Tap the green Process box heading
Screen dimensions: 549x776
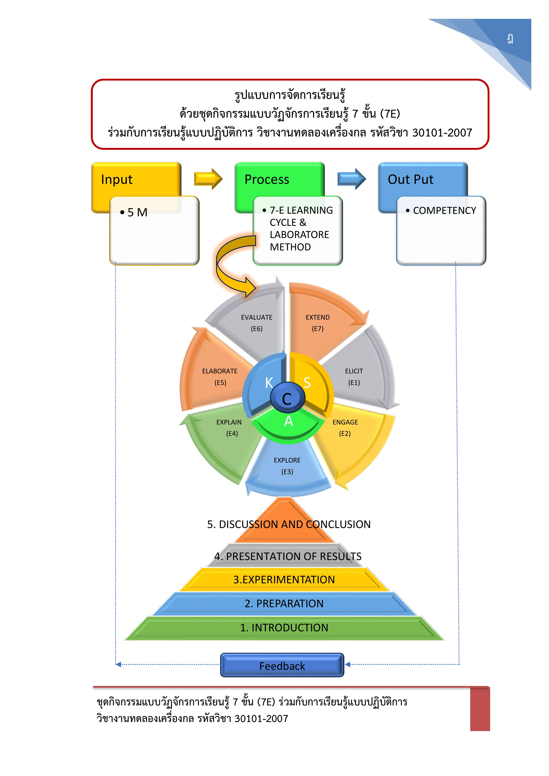coord(267,179)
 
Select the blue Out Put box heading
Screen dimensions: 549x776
coord(410,179)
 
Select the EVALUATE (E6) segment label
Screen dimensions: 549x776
coord(257,323)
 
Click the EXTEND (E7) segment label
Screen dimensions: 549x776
coord(318,323)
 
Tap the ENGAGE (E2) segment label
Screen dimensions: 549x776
coord(345,428)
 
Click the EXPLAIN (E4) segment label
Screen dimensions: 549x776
coord(229,428)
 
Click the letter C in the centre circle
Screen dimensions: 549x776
coord(287,399)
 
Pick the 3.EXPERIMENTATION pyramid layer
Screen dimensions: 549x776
coord(284,580)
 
